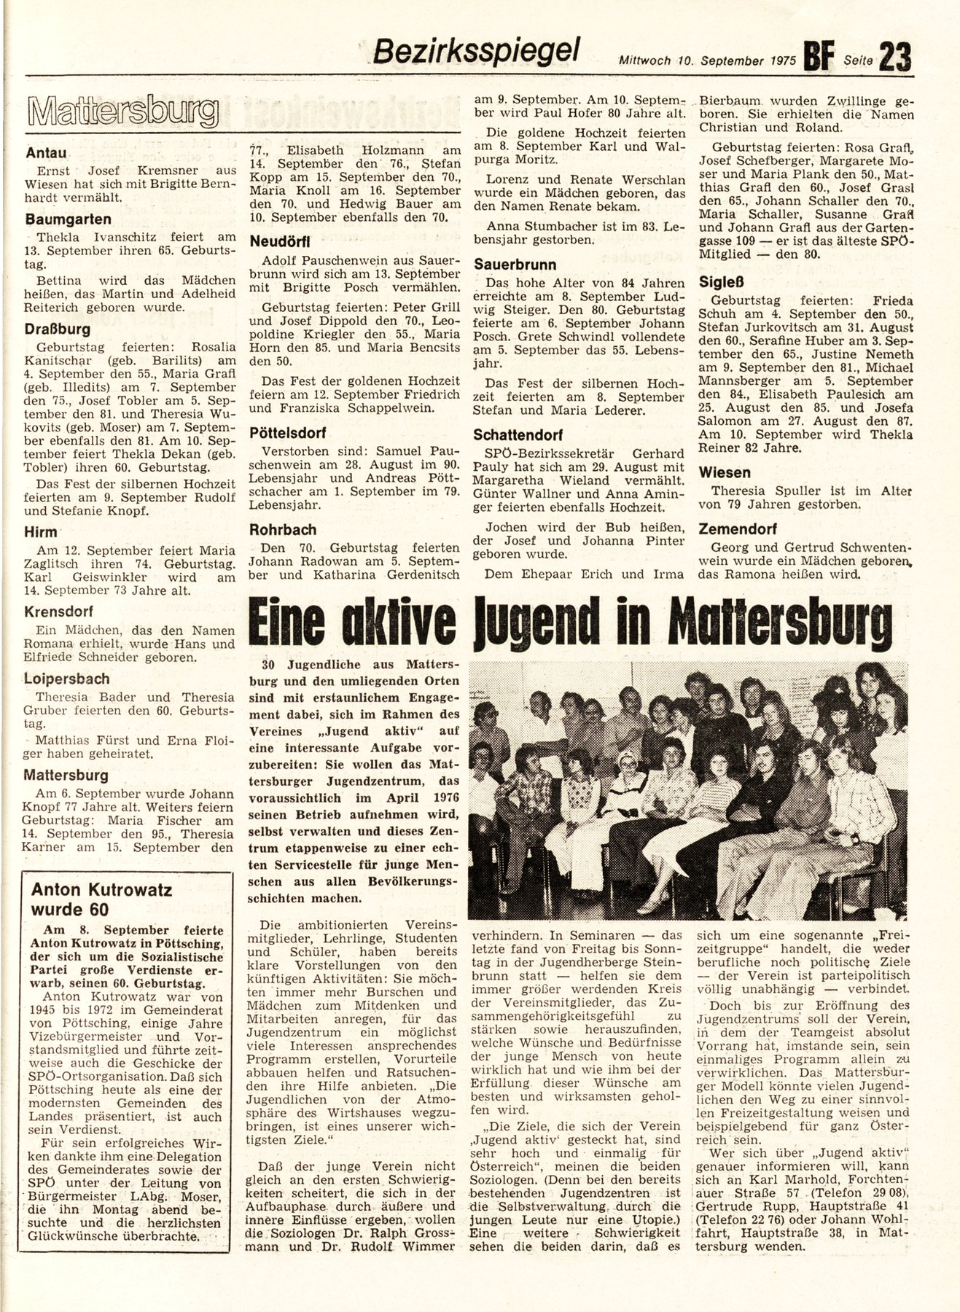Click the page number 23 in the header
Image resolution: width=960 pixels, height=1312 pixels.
click(x=895, y=57)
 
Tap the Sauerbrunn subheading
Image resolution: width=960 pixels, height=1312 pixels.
click(x=515, y=264)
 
